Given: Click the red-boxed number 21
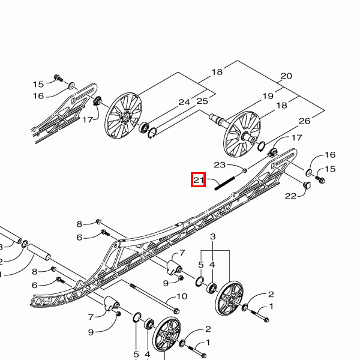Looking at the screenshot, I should coord(199,179).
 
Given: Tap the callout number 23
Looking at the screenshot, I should coord(220,164).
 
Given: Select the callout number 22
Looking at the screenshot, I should coord(291,196).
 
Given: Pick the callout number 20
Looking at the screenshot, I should coord(286,76).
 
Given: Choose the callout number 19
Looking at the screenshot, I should coord(267,96).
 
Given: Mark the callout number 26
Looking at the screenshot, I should coord(304,121).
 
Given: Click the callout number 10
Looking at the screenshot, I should coord(181,296).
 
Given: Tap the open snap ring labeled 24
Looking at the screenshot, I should coord(154,134).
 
